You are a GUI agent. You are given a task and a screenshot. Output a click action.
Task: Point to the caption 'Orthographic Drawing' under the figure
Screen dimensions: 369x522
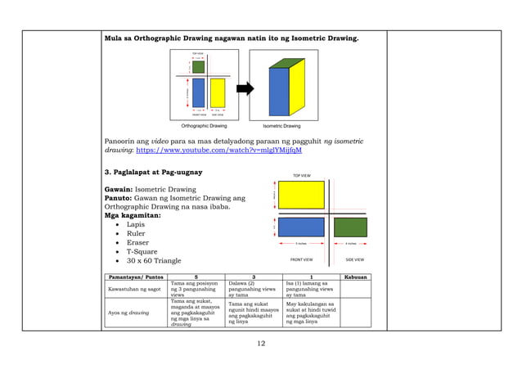point(204,127)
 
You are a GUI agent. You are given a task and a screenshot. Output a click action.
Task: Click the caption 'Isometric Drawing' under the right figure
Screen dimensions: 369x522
point(281,127)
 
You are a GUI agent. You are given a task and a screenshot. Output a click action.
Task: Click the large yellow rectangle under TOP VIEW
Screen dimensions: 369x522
point(301,195)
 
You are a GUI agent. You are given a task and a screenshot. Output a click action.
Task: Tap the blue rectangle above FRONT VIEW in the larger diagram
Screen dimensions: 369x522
point(301,227)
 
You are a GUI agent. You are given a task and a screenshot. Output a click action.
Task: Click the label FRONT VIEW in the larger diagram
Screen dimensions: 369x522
point(301,259)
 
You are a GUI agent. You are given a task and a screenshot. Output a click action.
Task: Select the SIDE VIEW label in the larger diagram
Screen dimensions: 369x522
point(354,259)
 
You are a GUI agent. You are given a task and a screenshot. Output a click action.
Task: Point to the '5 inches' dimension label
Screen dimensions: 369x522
point(301,243)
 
